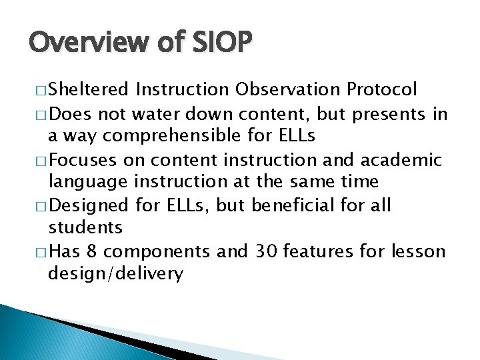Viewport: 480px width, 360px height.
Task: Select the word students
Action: (85, 227)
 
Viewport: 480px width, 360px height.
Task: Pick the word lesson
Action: (421, 251)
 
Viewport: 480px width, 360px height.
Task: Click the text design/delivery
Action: (115, 274)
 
